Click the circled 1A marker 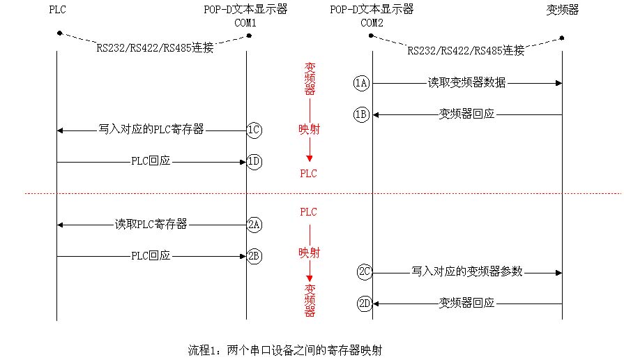click(360, 84)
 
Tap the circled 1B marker click(360, 114)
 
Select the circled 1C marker click(254, 130)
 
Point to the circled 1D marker click(254, 162)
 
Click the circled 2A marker click(254, 225)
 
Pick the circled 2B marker click(254, 256)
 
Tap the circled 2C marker click(364, 272)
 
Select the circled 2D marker click(364, 303)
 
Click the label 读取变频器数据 click(466, 83)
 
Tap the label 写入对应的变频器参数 click(466, 271)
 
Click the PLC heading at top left click(58, 10)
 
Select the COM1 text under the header click(246, 22)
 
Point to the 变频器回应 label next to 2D click(466, 303)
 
